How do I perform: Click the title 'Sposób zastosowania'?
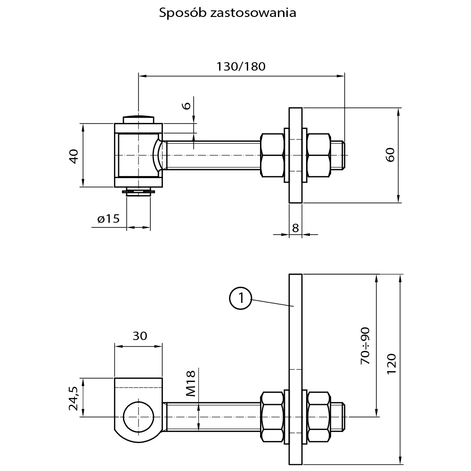coord(227,13)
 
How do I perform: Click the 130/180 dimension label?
coord(241,66)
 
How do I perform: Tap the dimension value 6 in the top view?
coord(187,105)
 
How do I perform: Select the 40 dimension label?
coord(73,155)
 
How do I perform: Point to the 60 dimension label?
coord(390,155)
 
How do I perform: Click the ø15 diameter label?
coord(108,219)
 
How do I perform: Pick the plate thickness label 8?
coord(295,228)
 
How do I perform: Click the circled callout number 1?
coord(240,298)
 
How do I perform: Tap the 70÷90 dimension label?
coord(365,346)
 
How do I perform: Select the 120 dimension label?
coord(390,364)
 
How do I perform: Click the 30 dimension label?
coord(140,336)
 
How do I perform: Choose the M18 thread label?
coord(190,383)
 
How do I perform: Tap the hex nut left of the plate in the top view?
coord(272,155)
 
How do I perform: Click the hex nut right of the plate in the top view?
coord(318,155)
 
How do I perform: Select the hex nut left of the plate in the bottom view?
coord(272,417)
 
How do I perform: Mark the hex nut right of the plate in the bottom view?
coord(318,417)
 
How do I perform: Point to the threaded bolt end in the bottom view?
coord(340,417)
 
